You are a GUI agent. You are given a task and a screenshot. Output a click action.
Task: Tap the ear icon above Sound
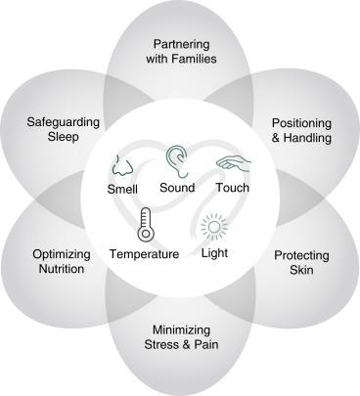click(177, 157)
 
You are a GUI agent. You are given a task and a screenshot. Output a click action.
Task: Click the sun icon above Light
click(213, 228)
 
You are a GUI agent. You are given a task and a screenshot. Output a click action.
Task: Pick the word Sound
click(176, 188)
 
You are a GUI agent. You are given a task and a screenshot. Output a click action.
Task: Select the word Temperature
click(144, 254)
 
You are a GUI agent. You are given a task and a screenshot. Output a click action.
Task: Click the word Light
click(214, 254)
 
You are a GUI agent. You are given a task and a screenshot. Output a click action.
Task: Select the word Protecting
click(301, 254)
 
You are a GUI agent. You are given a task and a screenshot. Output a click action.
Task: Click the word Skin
click(301, 269)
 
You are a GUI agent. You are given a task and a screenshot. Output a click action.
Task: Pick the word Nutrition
click(61, 269)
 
